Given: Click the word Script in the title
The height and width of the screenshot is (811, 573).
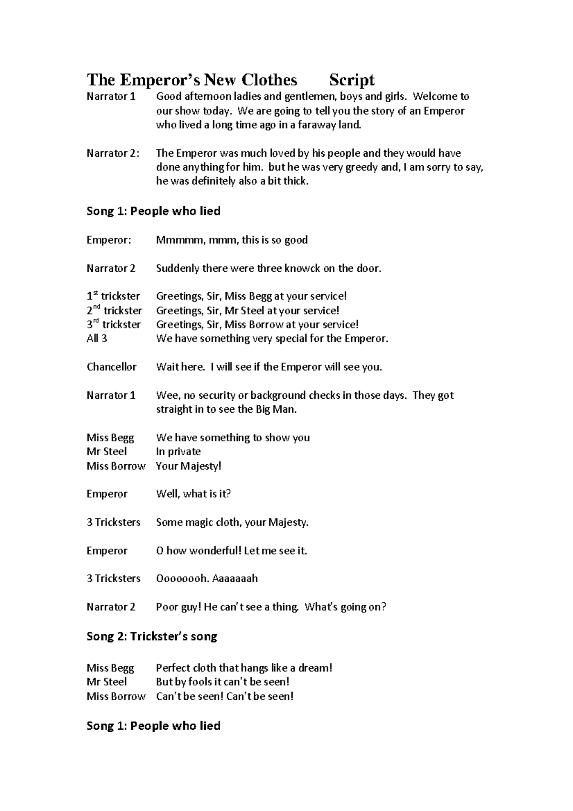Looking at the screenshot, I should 352,80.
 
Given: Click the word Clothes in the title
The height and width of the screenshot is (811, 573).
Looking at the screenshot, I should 269,80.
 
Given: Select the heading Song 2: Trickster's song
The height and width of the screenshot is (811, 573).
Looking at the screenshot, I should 152,637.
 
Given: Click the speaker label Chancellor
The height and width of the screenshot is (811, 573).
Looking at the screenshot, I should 112,367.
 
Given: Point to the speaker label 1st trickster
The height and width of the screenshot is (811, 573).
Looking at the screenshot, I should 113,296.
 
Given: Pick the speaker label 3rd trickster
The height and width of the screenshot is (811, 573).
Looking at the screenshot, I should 114,325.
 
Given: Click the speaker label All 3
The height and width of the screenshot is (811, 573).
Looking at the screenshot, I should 97,339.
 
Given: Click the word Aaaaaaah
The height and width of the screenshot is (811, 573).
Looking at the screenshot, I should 235,578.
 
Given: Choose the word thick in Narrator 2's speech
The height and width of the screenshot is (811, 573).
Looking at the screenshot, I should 295,181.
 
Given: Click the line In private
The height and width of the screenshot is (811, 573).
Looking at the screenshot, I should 178,452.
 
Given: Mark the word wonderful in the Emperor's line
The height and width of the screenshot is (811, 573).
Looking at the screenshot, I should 215,551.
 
